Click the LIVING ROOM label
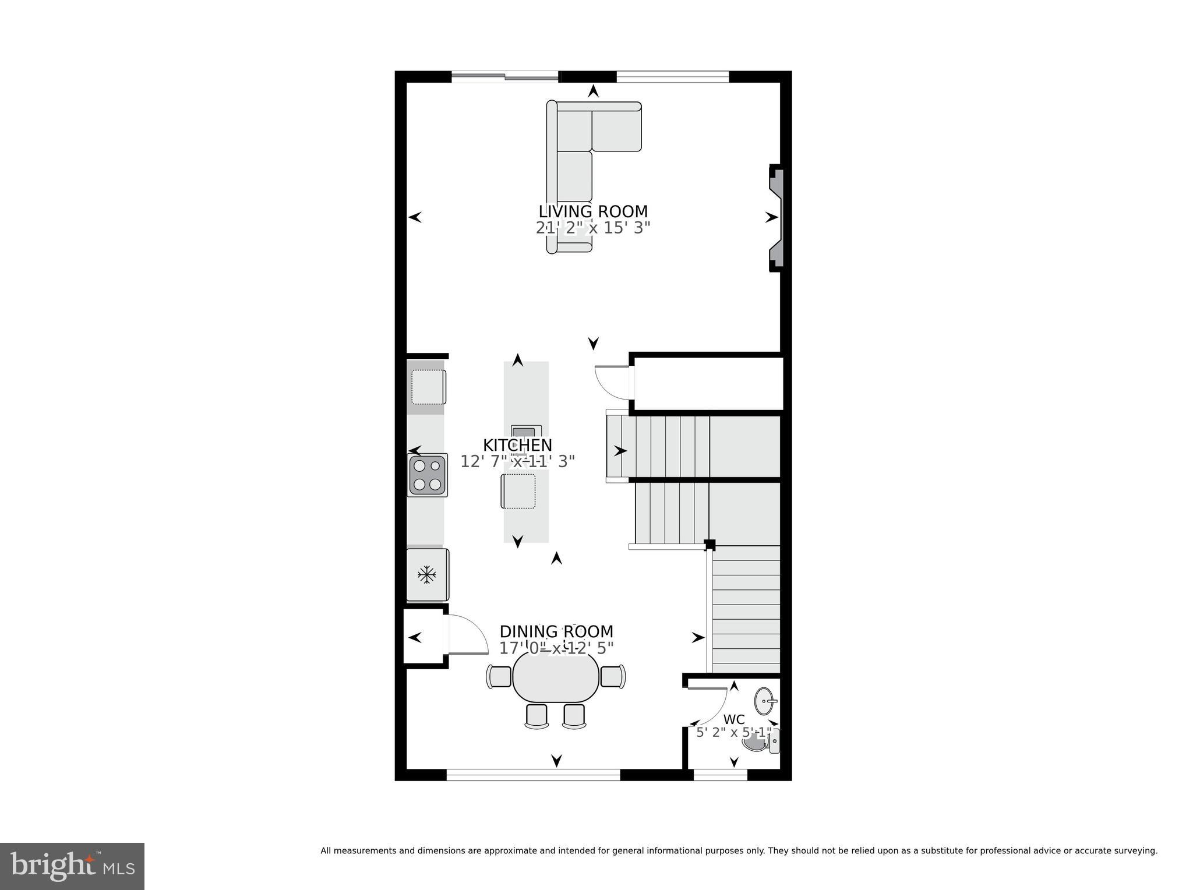point(592,211)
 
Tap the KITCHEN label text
point(517,445)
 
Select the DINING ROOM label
point(556,631)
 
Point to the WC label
point(733,719)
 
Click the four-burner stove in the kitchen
point(427,475)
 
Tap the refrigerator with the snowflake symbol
point(427,575)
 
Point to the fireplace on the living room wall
point(776,217)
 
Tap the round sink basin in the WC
point(764,701)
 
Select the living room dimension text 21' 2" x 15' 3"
point(592,228)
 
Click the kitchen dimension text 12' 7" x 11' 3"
point(517,461)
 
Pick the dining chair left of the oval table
point(499,676)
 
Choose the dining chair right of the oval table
point(613,676)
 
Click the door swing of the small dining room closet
point(469,635)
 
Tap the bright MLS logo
point(72,866)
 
